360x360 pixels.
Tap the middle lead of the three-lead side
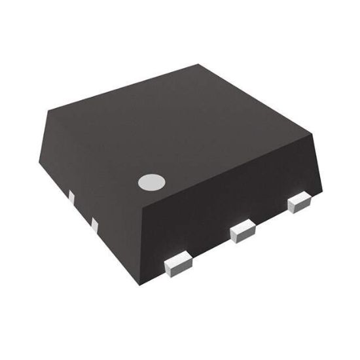pos(242,230)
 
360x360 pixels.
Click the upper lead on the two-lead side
pos(71,196)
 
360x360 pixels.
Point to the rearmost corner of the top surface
pos(200,63)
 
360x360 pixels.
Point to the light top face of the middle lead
pos(242,226)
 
